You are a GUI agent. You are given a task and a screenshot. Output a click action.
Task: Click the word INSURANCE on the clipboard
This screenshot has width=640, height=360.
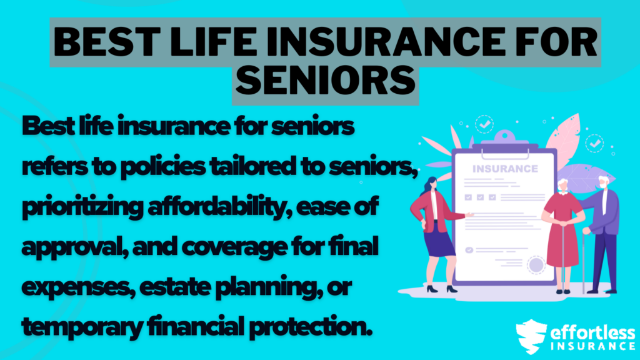coord(505,169)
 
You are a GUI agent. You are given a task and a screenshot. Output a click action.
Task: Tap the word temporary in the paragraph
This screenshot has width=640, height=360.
coord(75,324)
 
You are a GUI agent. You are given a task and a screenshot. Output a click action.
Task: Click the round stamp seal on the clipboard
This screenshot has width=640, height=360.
coord(536,265)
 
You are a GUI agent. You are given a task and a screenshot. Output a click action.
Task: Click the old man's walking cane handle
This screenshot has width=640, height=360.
coord(587,232)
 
